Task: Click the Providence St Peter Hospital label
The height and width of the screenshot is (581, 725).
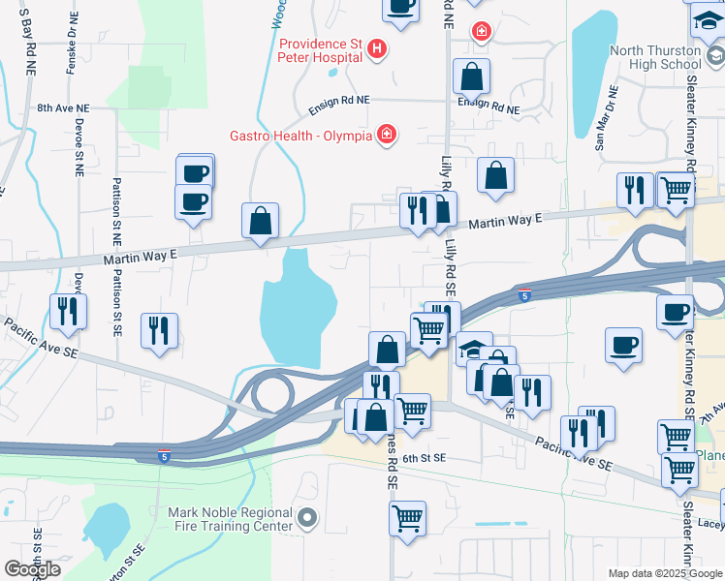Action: point(321,50)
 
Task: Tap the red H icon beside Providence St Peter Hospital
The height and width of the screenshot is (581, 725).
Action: point(378,47)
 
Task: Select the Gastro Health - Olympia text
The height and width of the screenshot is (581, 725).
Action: point(300,136)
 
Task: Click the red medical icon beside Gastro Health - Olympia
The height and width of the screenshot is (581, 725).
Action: point(387,134)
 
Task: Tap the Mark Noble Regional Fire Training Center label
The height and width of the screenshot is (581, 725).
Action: point(230,519)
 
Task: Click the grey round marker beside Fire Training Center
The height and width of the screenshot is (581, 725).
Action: point(308,519)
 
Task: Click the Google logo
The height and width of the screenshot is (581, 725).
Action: point(31,569)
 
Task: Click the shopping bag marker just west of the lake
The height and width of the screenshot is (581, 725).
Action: point(261,221)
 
